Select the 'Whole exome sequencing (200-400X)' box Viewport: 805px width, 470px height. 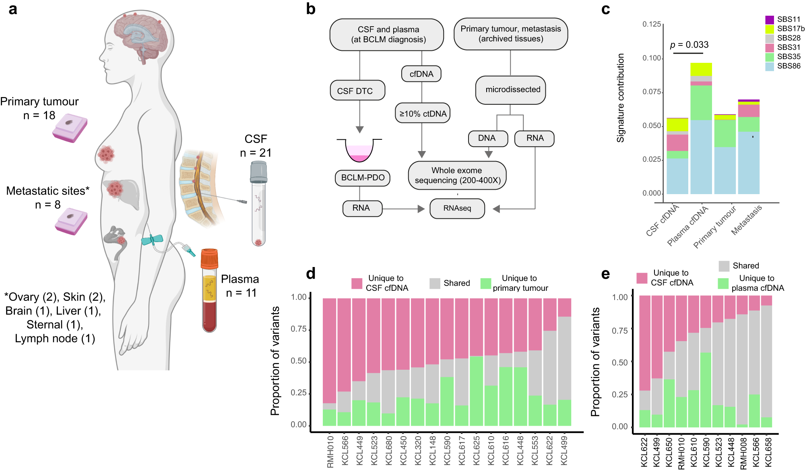tap(457, 175)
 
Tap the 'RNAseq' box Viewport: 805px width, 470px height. tap(457, 208)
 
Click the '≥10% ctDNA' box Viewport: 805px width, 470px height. tap(423, 114)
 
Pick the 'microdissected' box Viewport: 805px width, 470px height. tap(511, 90)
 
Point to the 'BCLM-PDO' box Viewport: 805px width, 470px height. tap(363, 178)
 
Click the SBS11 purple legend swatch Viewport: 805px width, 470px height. tap(769, 19)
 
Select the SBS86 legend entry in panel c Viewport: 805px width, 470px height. tap(782, 66)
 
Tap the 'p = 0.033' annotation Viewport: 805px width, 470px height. tap(689, 45)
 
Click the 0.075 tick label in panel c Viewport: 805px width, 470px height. tap(651, 92)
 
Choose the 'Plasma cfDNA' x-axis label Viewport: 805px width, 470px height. tap(687, 226)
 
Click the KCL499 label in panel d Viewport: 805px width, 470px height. tap(564, 450)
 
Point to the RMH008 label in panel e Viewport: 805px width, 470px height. tap(744, 453)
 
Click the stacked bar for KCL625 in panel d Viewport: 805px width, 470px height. tap(477, 362)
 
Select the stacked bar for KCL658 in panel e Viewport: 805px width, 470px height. tap(766, 362)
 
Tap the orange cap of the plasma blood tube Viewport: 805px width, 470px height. tap(209, 259)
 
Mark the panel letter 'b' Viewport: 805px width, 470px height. tap(310, 9)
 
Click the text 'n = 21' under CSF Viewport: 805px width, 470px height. tap(256, 153)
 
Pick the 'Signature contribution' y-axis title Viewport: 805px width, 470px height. tap(621, 98)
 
